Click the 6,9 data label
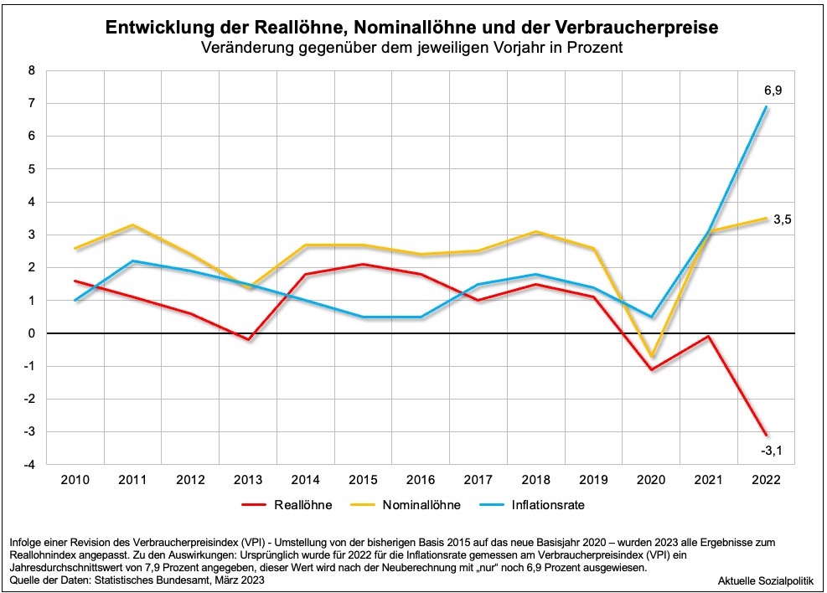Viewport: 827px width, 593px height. (x=773, y=90)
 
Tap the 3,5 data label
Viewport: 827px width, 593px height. (x=783, y=219)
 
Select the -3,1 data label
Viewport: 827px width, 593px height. (x=773, y=453)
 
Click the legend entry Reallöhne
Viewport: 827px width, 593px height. (x=302, y=505)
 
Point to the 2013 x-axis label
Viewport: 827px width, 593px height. (x=248, y=480)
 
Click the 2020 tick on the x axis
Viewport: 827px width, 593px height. (x=651, y=480)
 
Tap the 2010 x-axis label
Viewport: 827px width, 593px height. (x=75, y=480)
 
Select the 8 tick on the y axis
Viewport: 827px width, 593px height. (x=32, y=71)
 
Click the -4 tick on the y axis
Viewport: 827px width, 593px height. (x=29, y=465)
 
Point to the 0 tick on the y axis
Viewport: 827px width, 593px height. (x=32, y=333)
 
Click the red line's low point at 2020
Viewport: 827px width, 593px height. (x=651, y=369)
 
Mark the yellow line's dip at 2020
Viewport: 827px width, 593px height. (x=651, y=357)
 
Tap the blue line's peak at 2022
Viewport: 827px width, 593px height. (x=766, y=107)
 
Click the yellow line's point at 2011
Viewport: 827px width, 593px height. (x=133, y=225)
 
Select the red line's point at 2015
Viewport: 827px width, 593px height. (x=363, y=265)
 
